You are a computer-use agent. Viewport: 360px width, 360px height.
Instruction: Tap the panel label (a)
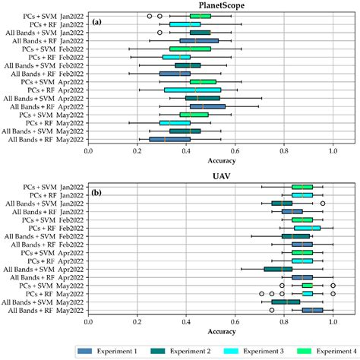click(x=96, y=21)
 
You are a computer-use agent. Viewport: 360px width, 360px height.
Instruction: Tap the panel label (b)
click(x=96, y=192)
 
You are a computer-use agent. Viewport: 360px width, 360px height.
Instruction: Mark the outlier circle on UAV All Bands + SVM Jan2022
click(x=322, y=203)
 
